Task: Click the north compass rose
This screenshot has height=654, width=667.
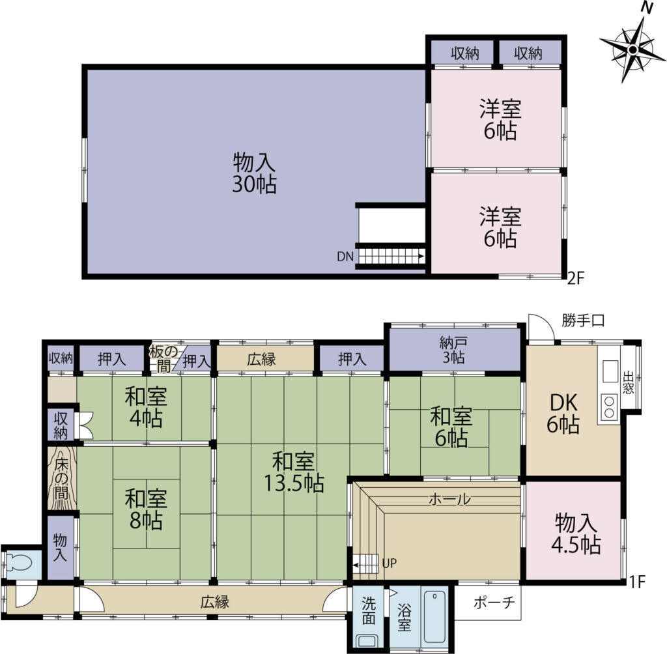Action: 632,50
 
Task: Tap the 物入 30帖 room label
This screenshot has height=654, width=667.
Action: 255,174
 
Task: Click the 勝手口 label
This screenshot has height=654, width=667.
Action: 583,320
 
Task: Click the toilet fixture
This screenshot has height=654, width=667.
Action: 20,564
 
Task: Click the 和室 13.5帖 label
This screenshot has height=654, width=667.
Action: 294,472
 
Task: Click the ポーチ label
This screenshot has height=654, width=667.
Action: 494,603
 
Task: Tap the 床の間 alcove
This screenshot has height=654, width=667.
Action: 62,478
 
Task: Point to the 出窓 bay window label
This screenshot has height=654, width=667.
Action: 628,382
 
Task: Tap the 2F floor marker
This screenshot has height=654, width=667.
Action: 576,278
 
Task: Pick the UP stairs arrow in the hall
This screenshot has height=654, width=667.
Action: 366,565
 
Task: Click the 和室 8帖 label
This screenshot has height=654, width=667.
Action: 146,510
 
